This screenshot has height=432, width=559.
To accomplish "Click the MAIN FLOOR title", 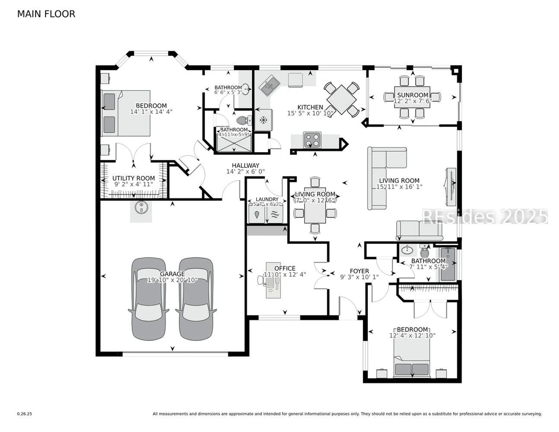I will click(46, 14).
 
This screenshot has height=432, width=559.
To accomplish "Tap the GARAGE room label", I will click(172, 274).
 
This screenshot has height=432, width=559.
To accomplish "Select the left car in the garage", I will click(149, 299).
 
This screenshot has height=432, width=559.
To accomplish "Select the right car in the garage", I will click(196, 299).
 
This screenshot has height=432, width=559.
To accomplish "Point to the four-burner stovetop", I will click(312, 140).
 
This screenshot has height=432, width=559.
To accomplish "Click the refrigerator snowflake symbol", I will click(263, 120).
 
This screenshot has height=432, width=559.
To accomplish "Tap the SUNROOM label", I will click(412, 95).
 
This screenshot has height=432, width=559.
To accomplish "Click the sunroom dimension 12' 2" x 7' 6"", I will click(412, 101).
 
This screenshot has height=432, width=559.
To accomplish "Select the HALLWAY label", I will click(245, 165).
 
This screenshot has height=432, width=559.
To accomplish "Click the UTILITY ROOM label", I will click(133, 178).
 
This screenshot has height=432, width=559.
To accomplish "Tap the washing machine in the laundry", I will click(257, 214).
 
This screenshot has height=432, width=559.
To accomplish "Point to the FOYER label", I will click(359, 271).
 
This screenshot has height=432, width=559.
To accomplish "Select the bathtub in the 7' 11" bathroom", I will click(448, 264).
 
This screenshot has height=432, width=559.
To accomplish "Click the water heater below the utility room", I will click(141, 207).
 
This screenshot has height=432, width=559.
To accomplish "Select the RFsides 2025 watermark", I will click(484, 217).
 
